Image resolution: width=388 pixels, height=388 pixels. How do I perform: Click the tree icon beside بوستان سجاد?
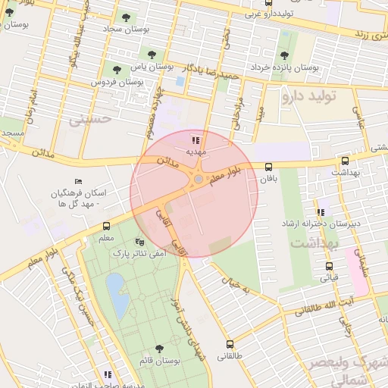(x=126, y=17)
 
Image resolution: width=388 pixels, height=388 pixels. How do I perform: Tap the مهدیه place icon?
(x=196, y=139)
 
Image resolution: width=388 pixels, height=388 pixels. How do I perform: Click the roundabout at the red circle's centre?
(x=198, y=180)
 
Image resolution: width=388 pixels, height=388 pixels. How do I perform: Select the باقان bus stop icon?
(x=268, y=167)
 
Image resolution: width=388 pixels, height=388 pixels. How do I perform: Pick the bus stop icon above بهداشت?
(x=346, y=161)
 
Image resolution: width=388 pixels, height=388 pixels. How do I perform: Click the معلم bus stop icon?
(x=106, y=226)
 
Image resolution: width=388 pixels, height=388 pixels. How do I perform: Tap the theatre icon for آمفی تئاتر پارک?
(x=138, y=242)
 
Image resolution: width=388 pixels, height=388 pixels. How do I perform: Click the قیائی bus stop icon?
(x=329, y=266)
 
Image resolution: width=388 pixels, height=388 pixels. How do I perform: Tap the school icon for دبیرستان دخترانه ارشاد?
(x=320, y=211)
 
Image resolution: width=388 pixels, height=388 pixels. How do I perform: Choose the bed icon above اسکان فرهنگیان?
(x=78, y=182)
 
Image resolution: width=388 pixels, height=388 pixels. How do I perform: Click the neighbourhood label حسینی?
(x=90, y=119)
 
